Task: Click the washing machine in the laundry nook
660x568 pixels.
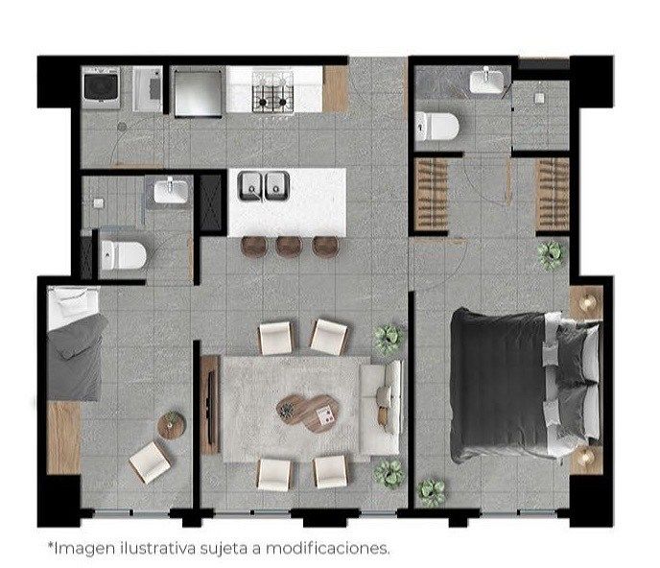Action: point(101,88)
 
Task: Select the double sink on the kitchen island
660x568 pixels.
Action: point(264,186)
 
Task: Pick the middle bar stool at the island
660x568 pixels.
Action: point(289,246)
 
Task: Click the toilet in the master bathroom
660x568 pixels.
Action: point(436,126)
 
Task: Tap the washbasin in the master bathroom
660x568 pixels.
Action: point(486,81)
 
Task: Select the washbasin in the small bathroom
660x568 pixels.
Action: point(171,191)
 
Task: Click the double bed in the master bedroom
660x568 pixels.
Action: point(526,386)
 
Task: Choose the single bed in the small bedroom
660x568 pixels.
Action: point(75,343)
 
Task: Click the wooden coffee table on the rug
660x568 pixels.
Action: point(308,413)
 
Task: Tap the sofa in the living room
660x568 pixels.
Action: point(380,408)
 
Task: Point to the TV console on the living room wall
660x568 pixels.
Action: point(210,405)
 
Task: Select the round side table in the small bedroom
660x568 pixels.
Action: point(172,425)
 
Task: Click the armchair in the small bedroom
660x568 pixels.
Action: point(150,462)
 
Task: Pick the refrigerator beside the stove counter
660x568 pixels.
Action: point(198,93)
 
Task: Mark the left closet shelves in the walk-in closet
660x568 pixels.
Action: point(431,195)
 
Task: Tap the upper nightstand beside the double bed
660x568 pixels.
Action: point(586,303)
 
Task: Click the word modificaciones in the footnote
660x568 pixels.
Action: point(327,548)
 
